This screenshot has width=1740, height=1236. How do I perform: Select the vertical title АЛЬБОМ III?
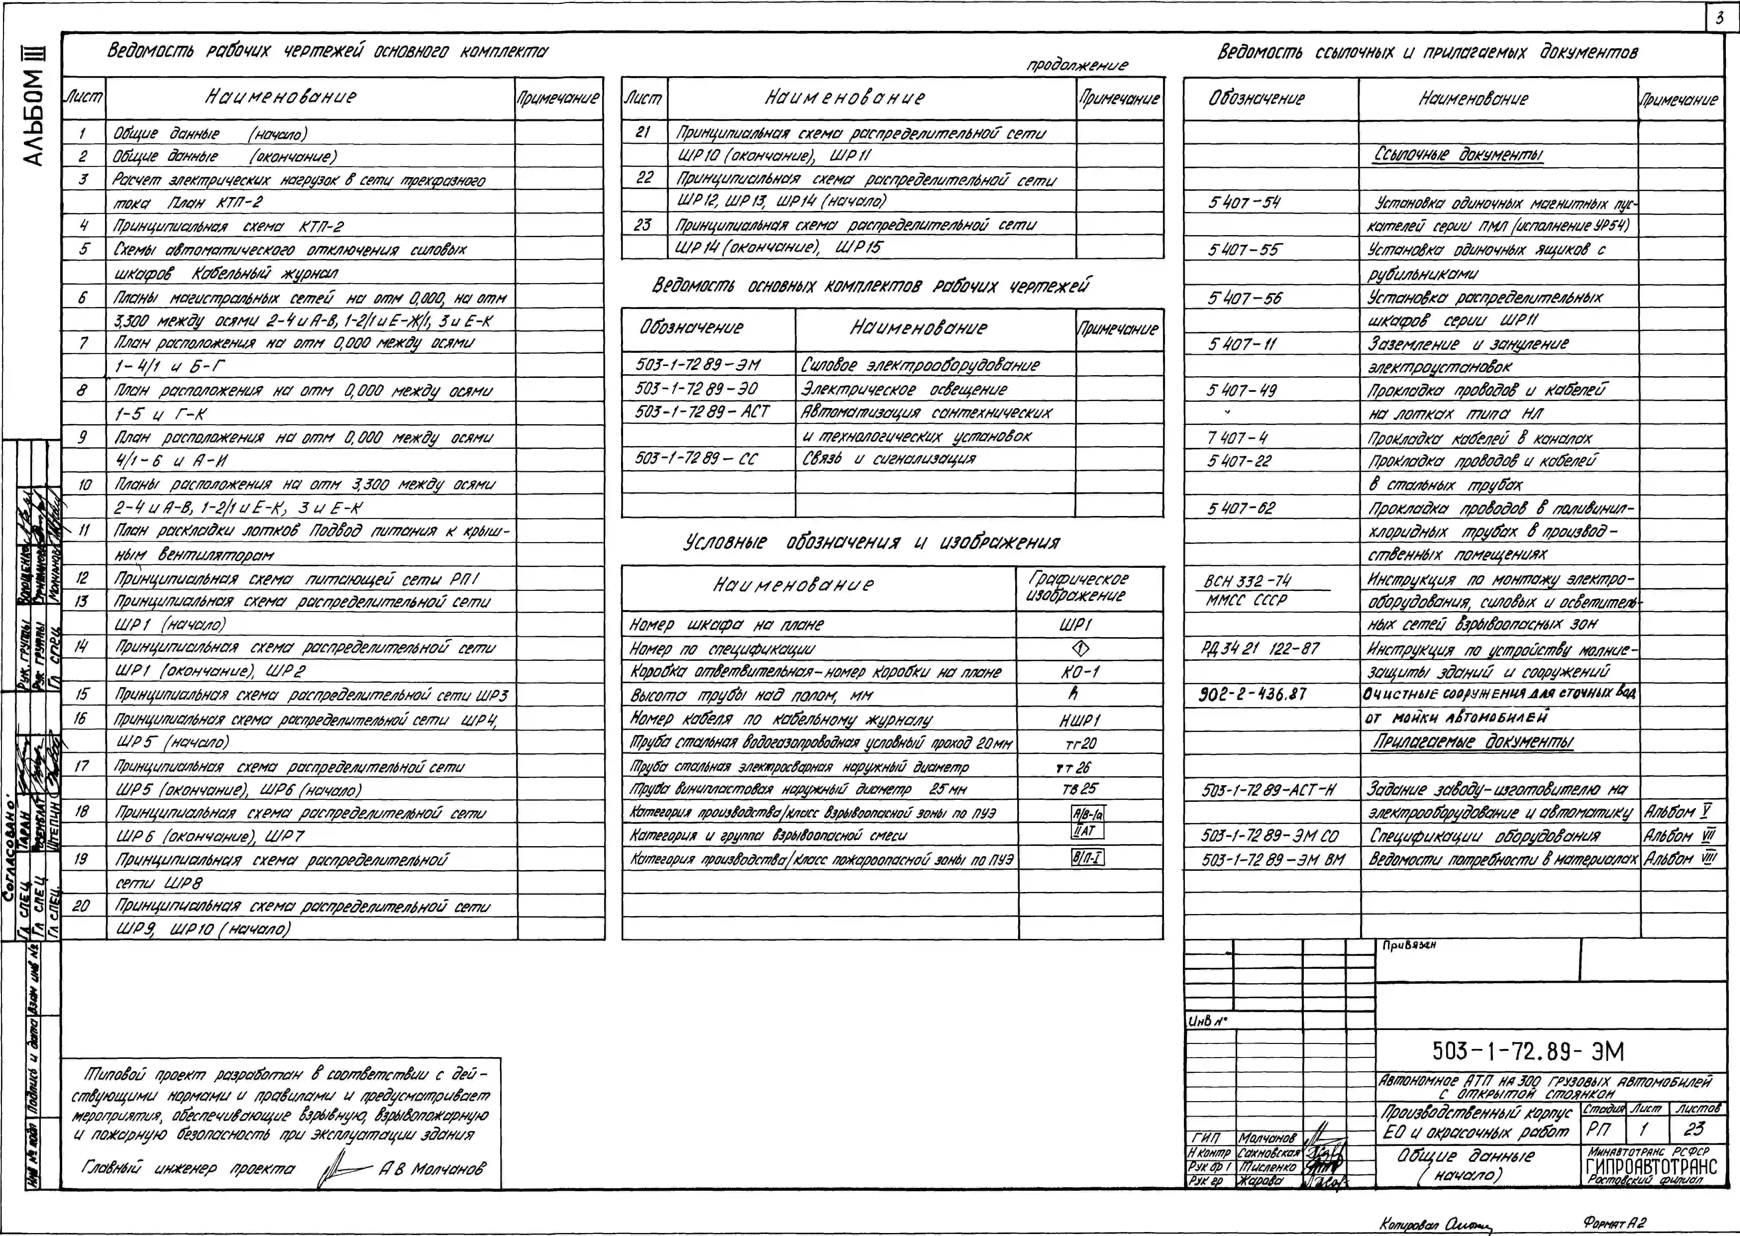pos(34,106)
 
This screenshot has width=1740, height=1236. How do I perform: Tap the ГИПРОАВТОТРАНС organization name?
pos(1652,1167)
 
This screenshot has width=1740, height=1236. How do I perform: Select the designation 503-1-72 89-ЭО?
pos(696,389)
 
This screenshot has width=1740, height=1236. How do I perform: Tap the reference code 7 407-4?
pos(1237,438)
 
